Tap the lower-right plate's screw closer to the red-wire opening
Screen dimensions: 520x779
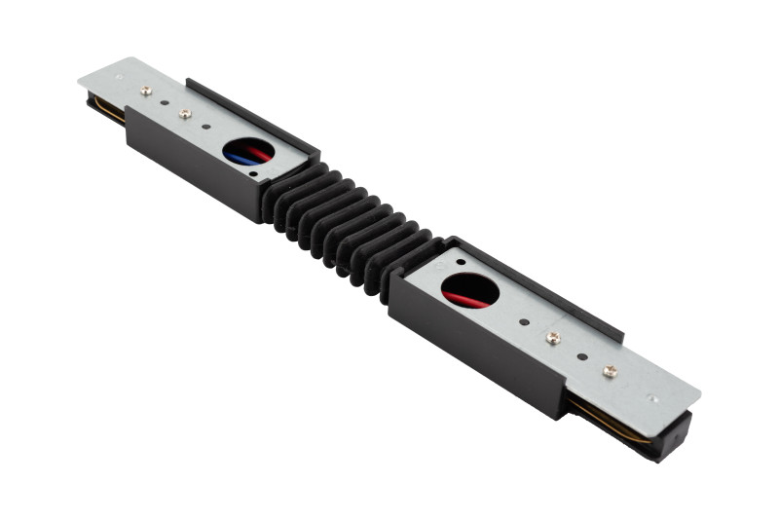tap(553, 337)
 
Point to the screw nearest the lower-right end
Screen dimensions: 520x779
tap(610, 370)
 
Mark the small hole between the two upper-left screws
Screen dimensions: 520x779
tap(164, 102)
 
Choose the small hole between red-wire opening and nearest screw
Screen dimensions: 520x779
tap(524, 321)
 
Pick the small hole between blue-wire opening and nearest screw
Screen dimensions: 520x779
tap(207, 128)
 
